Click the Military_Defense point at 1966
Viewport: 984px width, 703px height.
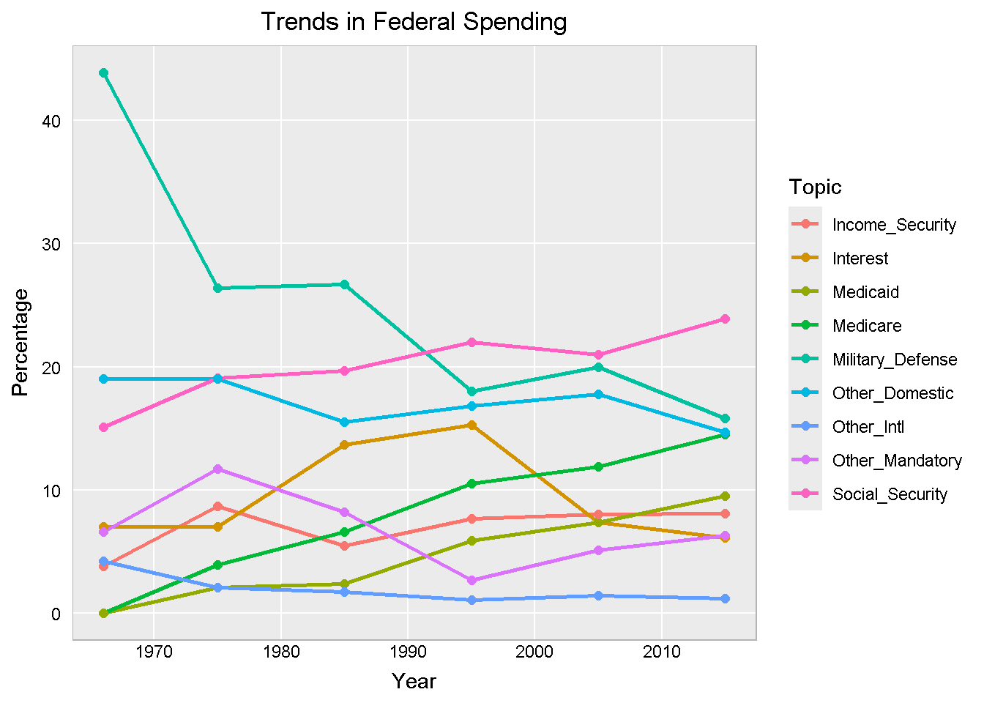[103, 72]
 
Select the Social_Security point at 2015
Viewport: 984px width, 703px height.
[725, 319]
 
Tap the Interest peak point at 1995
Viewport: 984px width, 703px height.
[471, 425]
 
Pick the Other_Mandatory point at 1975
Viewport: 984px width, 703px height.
[217, 469]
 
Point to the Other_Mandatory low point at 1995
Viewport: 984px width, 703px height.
[471, 580]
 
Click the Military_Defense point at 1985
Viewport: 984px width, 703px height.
[344, 284]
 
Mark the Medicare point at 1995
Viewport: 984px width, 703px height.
[471, 483]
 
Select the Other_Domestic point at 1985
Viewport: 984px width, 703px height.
[344, 422]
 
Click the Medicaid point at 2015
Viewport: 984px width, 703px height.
[725, 496]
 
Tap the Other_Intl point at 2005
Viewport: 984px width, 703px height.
[598, 595]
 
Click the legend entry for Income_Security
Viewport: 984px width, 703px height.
[893, 225]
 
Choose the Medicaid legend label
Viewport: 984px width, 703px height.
[865, 292]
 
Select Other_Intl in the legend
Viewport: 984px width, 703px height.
[868, 427]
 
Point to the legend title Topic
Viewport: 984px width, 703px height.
[815, 187]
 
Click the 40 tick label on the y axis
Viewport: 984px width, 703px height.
[51, 121]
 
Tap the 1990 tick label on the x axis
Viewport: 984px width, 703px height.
[408, 652]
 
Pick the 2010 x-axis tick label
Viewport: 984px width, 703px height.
[661, 652]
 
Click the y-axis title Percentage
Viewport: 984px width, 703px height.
[20, 342]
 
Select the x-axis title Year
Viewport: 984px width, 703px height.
[414, 682]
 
